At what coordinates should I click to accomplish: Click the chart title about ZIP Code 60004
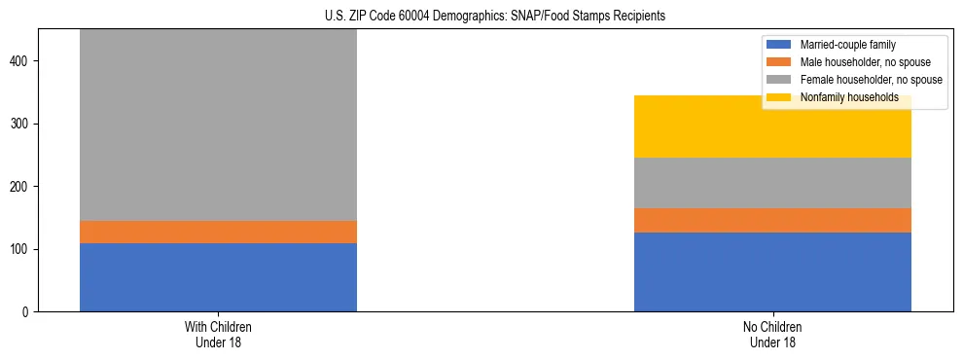click(x=481, y=16)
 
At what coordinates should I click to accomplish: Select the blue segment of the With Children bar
click(x=218, y=277)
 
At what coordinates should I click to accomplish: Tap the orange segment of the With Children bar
click(x=218, y=232)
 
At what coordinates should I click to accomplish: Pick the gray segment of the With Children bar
click(x=218, y=126)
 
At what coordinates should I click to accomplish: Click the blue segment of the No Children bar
click(x=772, y=272)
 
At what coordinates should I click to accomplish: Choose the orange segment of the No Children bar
click(x=772, y=221)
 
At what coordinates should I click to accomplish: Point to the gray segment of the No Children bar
click(x=772, y=183)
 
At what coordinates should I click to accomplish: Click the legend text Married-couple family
click(x=849, y=45)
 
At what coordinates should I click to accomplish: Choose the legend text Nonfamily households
click(x=849, y=97)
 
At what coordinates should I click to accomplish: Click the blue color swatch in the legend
click(x=779, y=45)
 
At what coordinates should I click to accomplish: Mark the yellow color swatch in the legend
click(x=779, y=97)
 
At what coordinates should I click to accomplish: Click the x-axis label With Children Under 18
click(x=218, y=334)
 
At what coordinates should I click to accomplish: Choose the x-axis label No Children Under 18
click(x=772, y=334)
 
